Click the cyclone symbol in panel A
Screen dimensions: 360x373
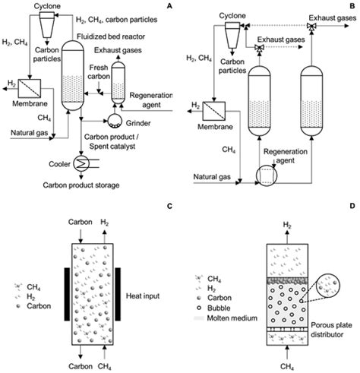(47, 24)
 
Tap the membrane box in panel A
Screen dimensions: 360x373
(30, 88)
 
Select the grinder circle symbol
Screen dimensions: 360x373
(115, 121)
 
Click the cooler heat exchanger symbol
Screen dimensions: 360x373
(81, 163)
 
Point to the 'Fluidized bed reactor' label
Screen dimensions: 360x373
(111, 36)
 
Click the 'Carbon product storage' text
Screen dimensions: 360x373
(81, 185)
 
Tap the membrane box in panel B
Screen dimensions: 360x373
(214, 111)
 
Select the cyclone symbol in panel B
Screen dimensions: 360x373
(232, 35)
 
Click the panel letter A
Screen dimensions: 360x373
(169, 6)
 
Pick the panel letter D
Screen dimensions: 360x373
(352, 206)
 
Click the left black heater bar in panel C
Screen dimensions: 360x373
(67, 294)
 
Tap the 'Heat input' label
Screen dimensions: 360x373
(143, 296)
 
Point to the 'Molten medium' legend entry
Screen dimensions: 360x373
(226, 318)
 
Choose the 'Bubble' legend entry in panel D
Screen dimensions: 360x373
(213, 308)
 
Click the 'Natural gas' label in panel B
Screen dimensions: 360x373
(212, 177)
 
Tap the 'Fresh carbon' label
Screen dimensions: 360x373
(99, 72)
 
